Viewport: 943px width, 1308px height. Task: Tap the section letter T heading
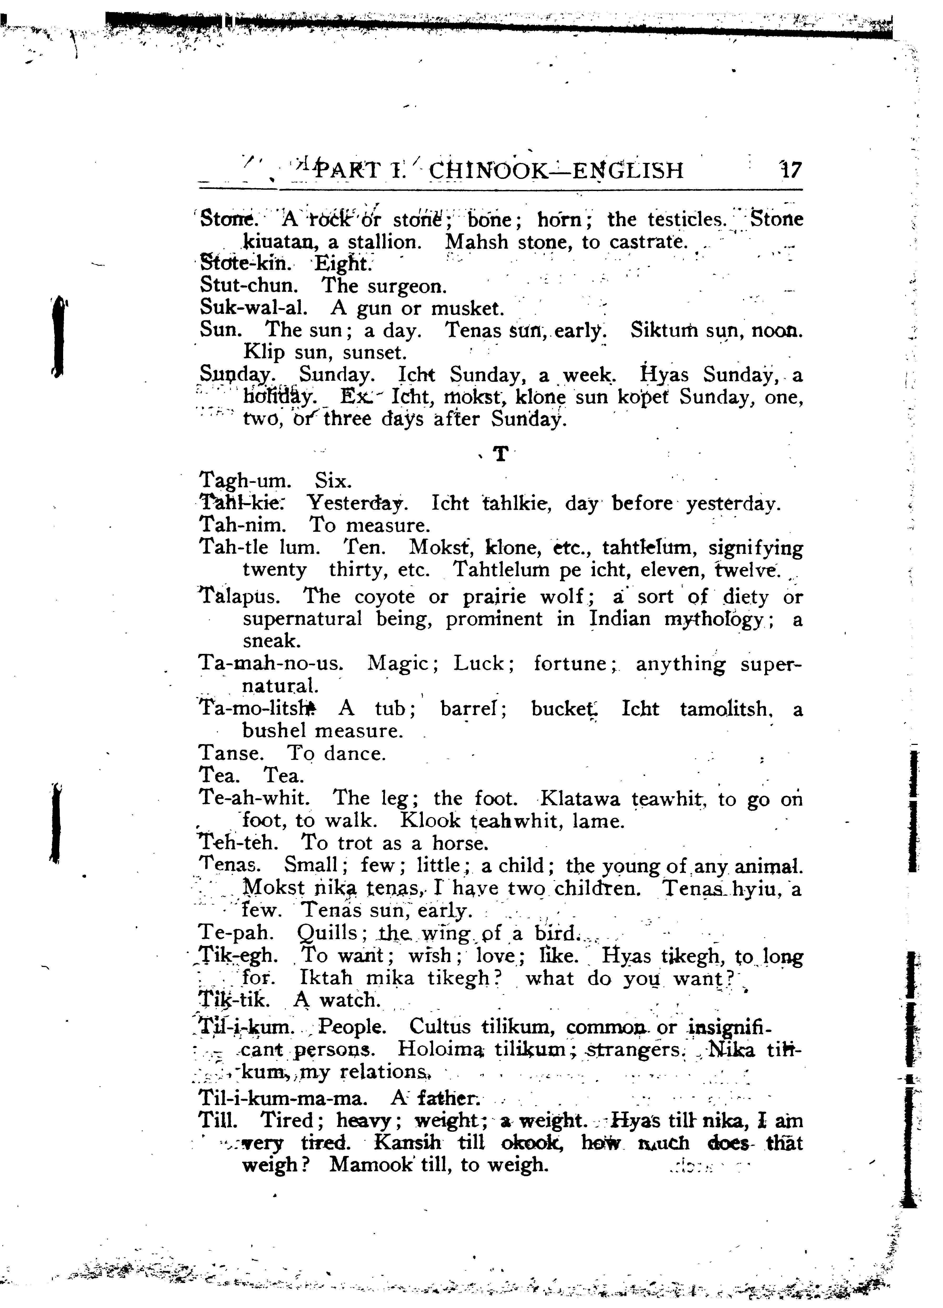click(501, 455)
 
